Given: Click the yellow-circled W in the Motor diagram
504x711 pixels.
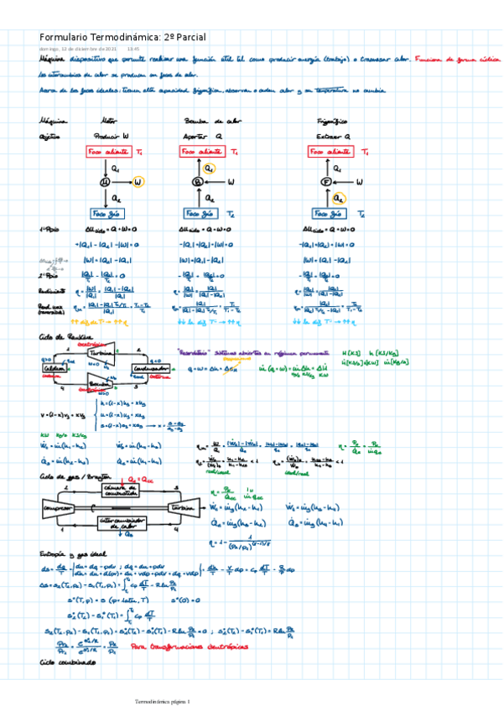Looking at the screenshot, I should point(138,181).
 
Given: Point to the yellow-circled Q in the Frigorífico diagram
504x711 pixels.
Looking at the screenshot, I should point(338,198).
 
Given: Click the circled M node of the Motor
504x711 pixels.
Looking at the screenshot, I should point(106,181).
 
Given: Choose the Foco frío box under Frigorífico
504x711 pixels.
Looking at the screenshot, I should point(328,213).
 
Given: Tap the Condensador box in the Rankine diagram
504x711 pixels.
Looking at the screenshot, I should point(151,371).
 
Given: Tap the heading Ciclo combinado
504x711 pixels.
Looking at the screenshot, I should point(67,662).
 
